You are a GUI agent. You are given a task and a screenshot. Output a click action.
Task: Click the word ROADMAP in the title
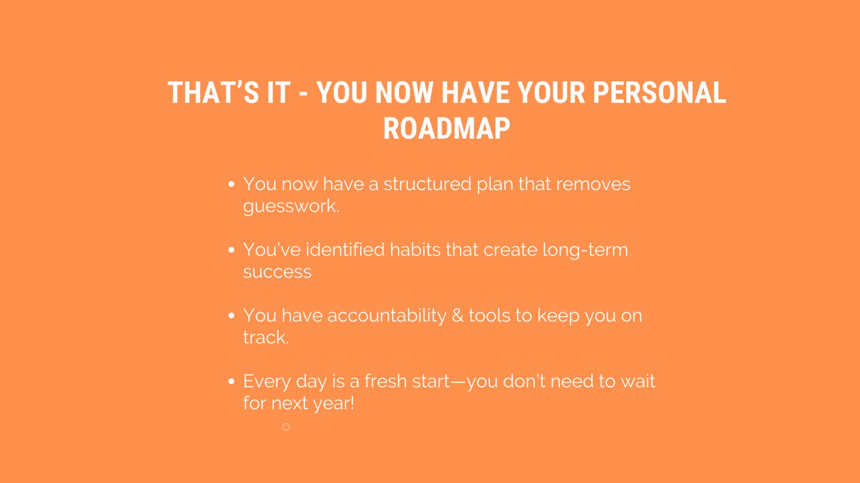click(447, 128)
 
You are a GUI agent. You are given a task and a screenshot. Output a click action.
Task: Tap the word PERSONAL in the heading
click(659, 92)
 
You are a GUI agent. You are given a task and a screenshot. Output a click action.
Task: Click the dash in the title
click(303, 94)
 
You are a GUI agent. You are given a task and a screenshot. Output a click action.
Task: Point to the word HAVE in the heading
click(475, 92)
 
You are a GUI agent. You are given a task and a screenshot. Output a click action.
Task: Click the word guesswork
click(291, 206)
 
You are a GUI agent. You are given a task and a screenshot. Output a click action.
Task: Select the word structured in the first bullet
click(427, 184)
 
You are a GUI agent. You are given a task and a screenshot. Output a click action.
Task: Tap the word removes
click(593, 184)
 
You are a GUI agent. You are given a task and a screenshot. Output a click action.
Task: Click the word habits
click(415, 250)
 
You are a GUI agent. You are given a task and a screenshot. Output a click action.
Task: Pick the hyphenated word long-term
click(585, 250)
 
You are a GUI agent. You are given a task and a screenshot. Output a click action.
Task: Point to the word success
click(277, 272)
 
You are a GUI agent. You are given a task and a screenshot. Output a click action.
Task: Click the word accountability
click(387, 316)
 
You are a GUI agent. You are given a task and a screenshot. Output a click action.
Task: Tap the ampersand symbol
click(458, 316)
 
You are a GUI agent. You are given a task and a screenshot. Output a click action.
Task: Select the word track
click(265, 337)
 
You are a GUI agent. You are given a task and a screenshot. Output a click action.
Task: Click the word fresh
click(385, 382)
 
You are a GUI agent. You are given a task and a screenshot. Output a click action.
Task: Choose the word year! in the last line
click(333, 403)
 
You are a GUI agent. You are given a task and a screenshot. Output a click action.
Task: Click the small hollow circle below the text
click(286, 427)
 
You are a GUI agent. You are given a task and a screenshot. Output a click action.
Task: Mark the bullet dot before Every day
click(231, 382)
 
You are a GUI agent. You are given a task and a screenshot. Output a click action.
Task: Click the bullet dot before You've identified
click(231, 250)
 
